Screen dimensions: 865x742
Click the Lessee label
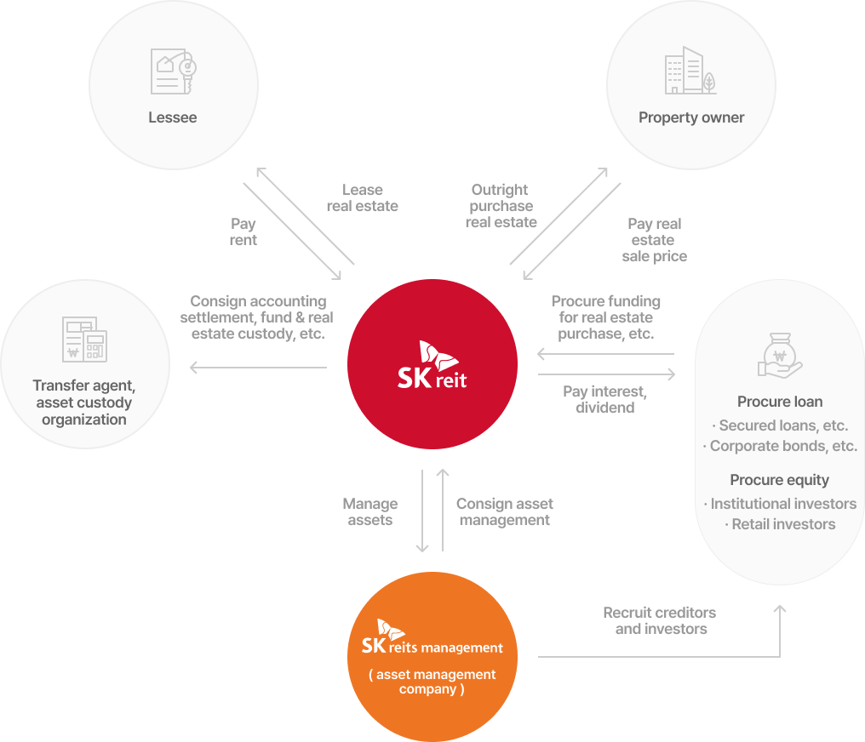point(173,117)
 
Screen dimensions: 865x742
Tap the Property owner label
point(691,117)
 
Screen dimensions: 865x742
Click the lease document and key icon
point(173,71)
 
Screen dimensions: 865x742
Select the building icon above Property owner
point(690,70)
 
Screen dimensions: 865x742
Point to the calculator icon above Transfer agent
point(84,339)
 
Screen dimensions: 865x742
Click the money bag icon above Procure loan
point(780,355)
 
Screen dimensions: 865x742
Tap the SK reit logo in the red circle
point(432,365)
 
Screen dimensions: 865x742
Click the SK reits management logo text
point(432,638)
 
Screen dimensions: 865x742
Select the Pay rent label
point(243,232)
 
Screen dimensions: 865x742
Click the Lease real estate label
point(363,198)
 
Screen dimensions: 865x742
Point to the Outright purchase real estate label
point(501,206)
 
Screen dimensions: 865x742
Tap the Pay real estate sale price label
point(654,240)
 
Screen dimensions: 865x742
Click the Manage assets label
point(370,512)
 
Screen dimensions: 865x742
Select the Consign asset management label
point(505,512)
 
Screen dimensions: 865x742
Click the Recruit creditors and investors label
point(661,620)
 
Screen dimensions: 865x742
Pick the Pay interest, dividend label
point(605,400)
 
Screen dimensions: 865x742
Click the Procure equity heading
point(780,480)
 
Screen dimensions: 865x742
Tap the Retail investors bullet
point(780,524)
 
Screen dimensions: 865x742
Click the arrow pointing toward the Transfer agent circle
point(258,367)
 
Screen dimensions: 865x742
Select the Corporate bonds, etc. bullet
point(780,446)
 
